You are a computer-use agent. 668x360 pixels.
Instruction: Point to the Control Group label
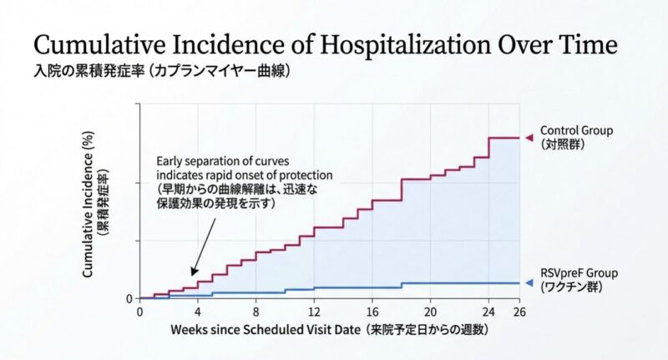coord(576,130)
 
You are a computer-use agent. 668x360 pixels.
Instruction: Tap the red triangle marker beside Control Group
coord(528,137)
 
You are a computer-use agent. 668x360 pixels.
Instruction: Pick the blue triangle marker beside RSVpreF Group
coord(528,283)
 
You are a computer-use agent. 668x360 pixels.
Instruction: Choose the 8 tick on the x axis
coord(256,311)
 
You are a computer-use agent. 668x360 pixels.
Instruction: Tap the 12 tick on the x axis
coord(314,311)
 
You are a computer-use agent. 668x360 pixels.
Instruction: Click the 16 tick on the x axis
coord(372,311)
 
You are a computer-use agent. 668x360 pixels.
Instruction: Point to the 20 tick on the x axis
coord(430,311)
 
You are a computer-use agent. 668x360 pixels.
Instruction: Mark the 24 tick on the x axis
coord(488,311)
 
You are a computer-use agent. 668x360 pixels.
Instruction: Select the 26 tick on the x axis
coord(518,311)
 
